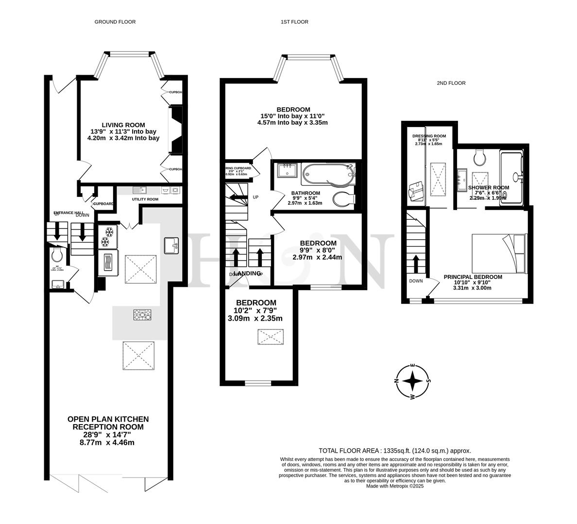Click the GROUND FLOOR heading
click(115, 22)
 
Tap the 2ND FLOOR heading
click(451, 83)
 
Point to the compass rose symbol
click(412, 381)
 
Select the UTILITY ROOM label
click(145, 199)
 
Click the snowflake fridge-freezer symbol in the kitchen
click(106, 236)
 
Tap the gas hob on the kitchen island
click(142, 315)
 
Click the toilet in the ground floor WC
click(56, 254)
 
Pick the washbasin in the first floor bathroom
click(288, 172)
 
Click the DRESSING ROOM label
click(429, 136)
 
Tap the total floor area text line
click(394, 450)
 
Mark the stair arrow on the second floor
click(415, 263)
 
